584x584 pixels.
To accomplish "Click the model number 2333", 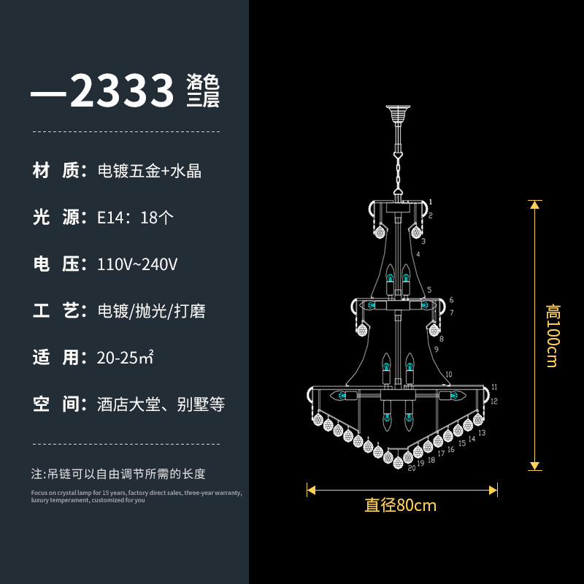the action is [123, 92].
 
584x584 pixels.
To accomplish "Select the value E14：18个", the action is [135, 218].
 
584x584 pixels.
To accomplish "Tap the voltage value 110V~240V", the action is [137, 264].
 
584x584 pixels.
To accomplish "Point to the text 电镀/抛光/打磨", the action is [151, 310].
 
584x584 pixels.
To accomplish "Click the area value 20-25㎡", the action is [125, 357].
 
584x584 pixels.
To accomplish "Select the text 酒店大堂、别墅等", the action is [161, 404].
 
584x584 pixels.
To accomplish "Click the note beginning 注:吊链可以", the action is [118, 474].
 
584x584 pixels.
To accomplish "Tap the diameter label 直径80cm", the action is [400, 504].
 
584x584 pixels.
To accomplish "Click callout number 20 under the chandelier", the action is [412, 468].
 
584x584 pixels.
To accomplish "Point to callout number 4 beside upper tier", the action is [419, 255].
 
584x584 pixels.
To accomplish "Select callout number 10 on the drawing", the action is [448, 374].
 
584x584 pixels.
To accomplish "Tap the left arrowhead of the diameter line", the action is [310, 491].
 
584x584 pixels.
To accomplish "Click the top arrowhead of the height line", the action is [535, 204].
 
